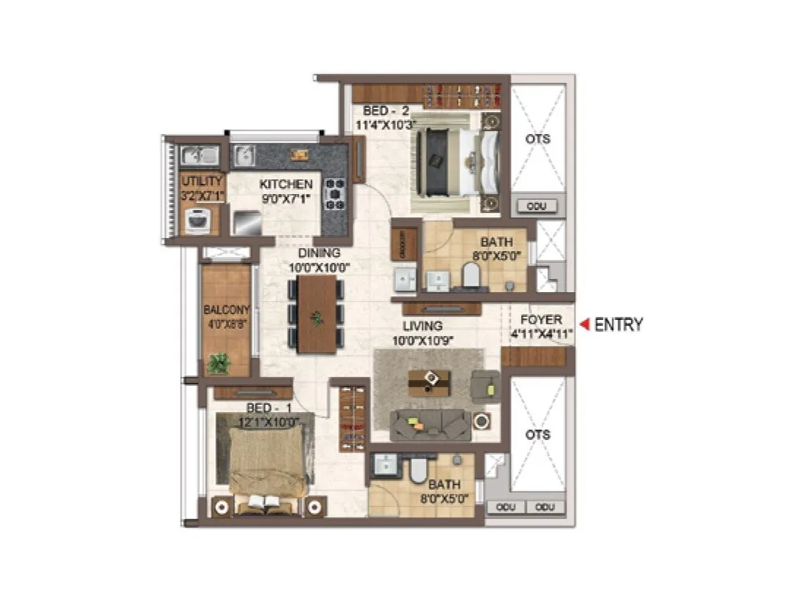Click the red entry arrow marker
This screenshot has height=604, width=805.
(x=584, y=324)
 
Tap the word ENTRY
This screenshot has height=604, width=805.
(x=618, y=324)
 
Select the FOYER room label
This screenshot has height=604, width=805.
(x=542, y=320)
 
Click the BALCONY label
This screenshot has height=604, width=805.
(x=227, y=309)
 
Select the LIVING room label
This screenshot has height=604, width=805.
(x=422, y=326)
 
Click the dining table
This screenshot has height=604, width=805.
(x=317, y=314)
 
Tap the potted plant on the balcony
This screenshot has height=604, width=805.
(x=218, y=362)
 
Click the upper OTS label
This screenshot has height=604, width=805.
(x=538, y=139)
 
